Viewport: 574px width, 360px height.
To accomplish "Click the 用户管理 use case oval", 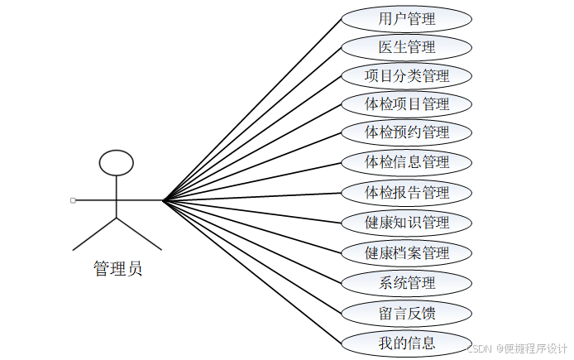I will [406, 18].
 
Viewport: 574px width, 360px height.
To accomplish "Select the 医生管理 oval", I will [406, 47].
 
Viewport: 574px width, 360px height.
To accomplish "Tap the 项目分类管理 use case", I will [406, 76].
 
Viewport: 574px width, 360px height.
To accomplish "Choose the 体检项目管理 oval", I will [406, 104].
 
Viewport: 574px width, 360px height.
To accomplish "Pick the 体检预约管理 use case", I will [406, 132].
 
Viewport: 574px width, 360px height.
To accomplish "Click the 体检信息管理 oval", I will [406, 161].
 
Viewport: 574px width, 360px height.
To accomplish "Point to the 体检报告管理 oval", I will [406, 193].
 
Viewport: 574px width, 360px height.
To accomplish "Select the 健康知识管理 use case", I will [406, 222].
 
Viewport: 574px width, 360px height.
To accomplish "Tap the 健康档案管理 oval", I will [406, 252].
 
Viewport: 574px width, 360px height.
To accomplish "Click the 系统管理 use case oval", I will [406, 283].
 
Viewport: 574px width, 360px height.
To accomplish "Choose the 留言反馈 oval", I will [406, 313].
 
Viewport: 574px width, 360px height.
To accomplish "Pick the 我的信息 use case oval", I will [406, 342].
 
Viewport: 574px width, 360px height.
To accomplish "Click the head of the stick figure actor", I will [116, 162].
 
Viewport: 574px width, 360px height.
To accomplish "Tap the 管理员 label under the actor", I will [117, 269].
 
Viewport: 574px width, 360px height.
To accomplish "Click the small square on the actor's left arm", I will [73, 200].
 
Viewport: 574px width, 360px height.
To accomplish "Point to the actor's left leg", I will [94, 234].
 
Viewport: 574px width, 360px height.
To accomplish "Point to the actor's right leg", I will [138, 234].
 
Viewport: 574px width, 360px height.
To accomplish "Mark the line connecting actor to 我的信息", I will [252, 271].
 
